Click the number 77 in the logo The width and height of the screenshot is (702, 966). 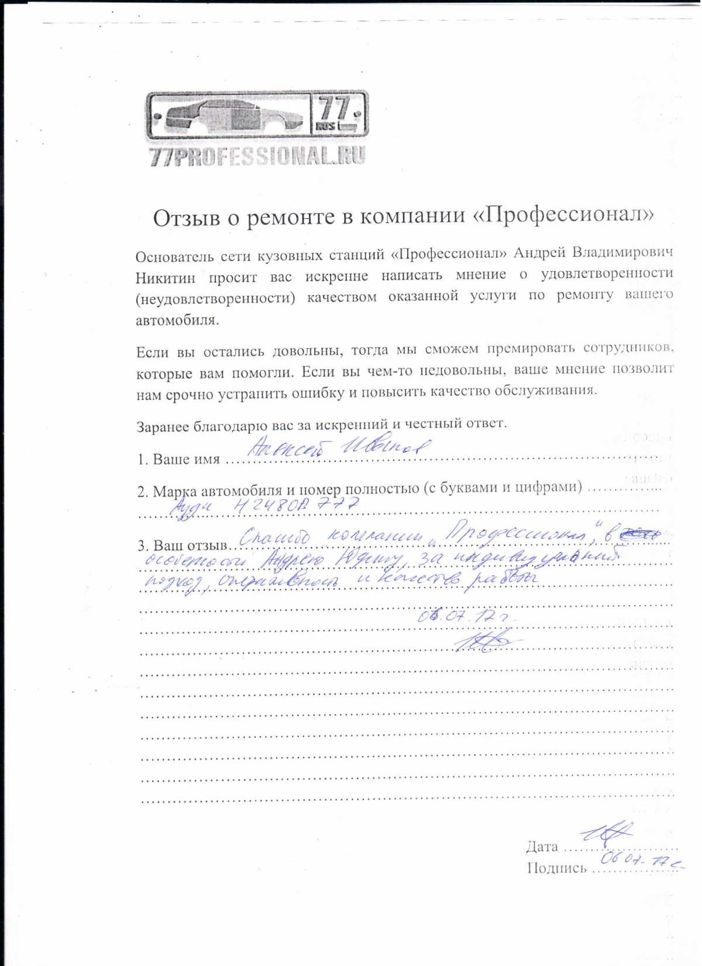[x=334, y=109]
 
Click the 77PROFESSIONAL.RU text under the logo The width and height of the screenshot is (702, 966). [x=257, y=156]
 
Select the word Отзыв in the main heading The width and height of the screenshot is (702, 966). [x=185, y=218]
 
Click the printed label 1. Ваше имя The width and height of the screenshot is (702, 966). [x=179, y=460]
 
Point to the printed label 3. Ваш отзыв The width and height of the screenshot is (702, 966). [x=182, y=546]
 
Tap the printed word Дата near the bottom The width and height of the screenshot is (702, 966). [x=542, y=847]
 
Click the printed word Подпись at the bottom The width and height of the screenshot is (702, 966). [x=556, y=868]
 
